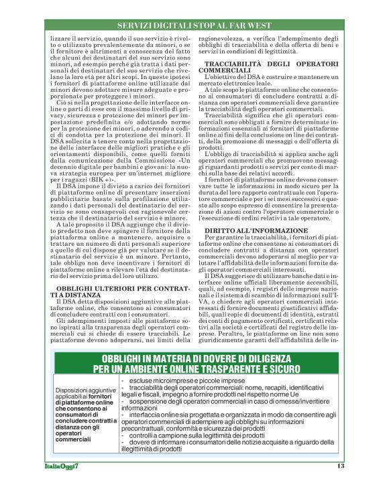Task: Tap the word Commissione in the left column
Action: [155, 163]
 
